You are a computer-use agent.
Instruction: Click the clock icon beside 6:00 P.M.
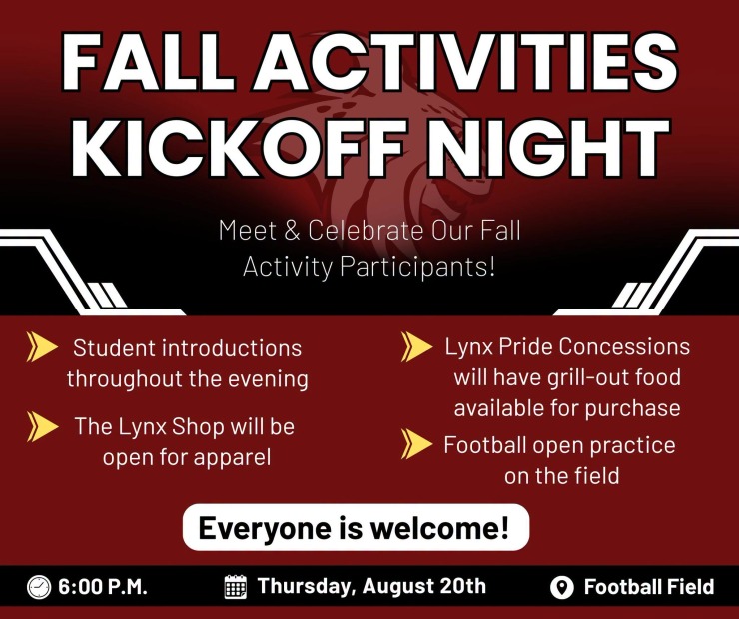pyautogui.click(x=39, y=587)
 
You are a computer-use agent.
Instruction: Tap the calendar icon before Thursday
pyautogui.click(x=235, y=586)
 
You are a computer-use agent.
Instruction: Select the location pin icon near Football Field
pyautogui.click(x=562, y=587)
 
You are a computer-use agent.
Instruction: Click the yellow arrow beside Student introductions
pyautogui.click(x=42, y=347)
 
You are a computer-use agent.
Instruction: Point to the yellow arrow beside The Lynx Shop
pyautogui.click(x=42, y=426)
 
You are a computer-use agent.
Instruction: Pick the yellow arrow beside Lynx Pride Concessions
pyautogui.click(x=416, y=347)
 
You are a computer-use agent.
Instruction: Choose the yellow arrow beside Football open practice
pyautogui.click(x=416, y=444)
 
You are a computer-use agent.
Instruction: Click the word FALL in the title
pyautogui.click(x=148, y=62)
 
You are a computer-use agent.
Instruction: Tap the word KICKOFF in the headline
pyautogui.click(x=239, y=147)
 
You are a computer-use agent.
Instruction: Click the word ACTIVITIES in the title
pyautogui.click(x=465, y=62)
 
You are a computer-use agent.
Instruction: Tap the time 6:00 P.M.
pyautogui.click(x=103, y=587)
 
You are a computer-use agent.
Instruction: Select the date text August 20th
pyautogui.click(x=424, y=586)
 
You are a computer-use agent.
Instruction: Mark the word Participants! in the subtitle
pyautogui.click(x=417, y=267)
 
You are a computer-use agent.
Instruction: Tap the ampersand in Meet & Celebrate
pyautogui.click(x=293, y=231)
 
